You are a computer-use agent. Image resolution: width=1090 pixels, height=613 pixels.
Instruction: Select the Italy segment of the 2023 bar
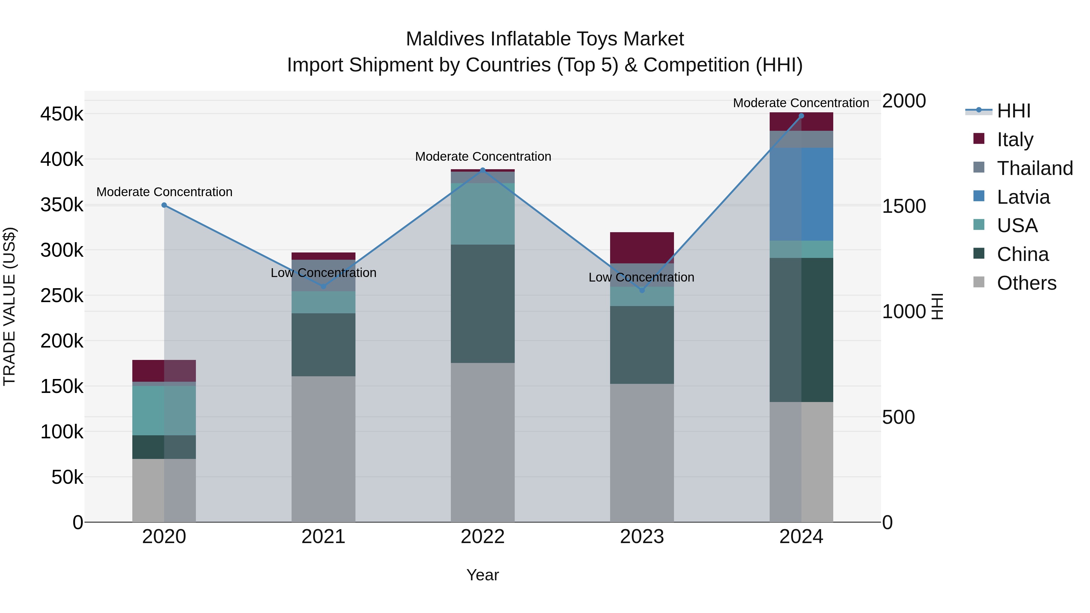[642, 248]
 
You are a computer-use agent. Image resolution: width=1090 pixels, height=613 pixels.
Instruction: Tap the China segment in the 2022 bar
[482, 303]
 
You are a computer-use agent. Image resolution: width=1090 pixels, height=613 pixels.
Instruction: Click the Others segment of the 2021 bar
[323, 448]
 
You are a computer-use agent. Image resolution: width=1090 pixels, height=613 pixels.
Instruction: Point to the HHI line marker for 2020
[164, 205]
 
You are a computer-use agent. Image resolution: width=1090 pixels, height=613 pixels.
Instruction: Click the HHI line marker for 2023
[642, 290]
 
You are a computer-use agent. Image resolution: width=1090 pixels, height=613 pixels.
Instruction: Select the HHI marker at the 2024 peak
[801, 116]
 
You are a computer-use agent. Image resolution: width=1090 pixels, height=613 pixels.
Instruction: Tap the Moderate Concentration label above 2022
[483, 157]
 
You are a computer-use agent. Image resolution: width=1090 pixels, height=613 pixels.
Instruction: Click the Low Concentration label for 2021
[323, 273]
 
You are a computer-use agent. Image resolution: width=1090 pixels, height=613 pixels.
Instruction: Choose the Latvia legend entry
[1023, 197]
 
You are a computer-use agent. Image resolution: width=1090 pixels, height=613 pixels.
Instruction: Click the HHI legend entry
[1013, 111]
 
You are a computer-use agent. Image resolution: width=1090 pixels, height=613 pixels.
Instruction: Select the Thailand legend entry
[1035, 168]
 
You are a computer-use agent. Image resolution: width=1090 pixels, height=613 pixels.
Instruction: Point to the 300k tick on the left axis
[62, 250]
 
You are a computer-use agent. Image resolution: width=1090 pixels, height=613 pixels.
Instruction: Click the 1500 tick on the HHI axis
[904, 206]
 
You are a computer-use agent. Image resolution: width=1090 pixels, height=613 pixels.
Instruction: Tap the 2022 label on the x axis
[482, 537]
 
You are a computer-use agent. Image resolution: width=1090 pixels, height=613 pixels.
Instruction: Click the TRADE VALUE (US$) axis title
[9, 306]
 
